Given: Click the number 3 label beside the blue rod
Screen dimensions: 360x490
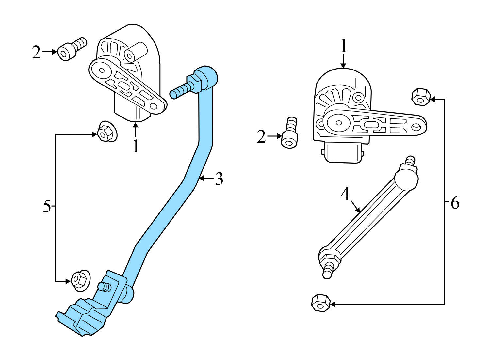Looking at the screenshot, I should click(219, 179).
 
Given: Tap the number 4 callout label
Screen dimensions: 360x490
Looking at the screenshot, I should click(345, 194).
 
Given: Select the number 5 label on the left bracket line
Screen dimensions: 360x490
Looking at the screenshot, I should click(47, 207).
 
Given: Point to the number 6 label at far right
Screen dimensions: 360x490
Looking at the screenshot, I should click(455, 203).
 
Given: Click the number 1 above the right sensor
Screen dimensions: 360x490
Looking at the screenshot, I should click(343, 46).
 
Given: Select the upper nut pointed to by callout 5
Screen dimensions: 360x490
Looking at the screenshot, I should click(106, 132).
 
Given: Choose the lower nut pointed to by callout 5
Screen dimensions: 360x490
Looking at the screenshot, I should click(80, 280).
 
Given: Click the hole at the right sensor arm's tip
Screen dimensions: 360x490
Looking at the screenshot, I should click(416, 126).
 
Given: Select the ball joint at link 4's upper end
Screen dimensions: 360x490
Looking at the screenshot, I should click(406, 179).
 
